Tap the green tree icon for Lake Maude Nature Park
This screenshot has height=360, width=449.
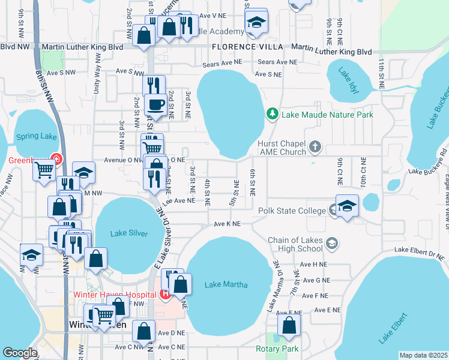pos(273,113)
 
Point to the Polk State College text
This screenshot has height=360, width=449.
pos(292,211)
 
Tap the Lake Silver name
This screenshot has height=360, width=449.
pos(130,233)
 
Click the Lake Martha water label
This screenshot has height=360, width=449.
pos(226,284)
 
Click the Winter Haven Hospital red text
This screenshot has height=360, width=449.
pos(115,294)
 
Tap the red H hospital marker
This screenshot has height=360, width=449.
pos(165,294)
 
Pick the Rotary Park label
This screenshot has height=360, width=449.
pos(277,349)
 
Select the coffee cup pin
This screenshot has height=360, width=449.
pos(157,104)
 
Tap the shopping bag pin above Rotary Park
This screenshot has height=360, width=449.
pos(289,325)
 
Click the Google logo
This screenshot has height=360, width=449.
pos(20,352)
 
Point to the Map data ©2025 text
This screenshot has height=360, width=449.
pos(423,355)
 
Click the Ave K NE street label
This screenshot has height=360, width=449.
pos(227,224)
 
